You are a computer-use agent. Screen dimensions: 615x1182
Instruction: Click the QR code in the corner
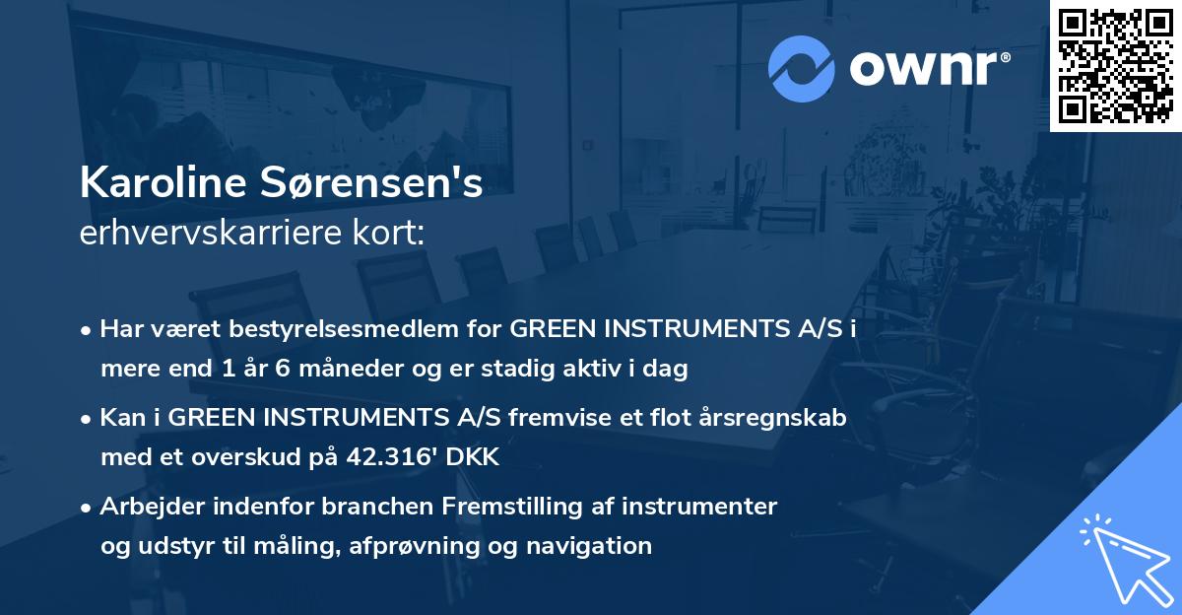(x=1116, y=66)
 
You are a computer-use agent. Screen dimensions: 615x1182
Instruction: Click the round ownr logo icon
(x=802, y=67)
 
